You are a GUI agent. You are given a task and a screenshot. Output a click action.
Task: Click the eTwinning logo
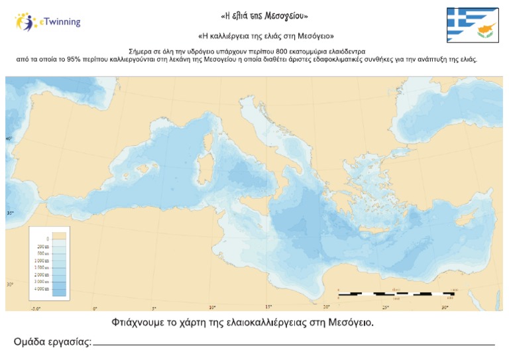click(48, 22)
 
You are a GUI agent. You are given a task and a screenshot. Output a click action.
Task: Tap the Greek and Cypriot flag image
click(472, 25)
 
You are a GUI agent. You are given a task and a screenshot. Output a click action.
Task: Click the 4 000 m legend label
click(42, 289)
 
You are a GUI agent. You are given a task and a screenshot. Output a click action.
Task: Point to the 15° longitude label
click(268, 307)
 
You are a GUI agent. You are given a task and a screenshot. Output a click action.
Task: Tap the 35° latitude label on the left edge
click(10, 213)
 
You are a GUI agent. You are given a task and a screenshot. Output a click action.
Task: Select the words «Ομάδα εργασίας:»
click(52, 342)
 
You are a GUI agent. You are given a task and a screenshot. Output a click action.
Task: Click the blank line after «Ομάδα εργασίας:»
click(295, 344)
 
